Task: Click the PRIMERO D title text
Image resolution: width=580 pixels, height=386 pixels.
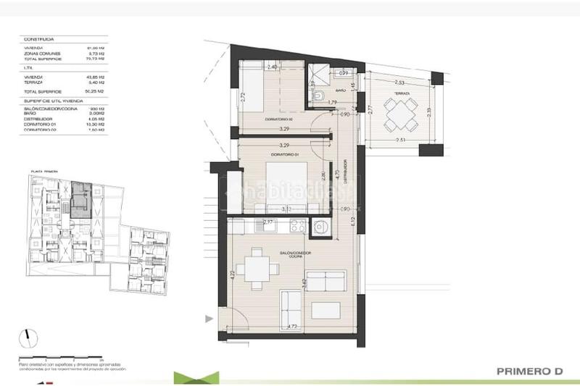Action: coord(530,372)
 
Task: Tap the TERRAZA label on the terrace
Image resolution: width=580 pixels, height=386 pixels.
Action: coord(402,94)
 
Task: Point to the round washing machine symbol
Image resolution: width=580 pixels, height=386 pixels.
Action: coord(320,229)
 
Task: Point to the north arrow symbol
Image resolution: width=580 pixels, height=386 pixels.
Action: coord(28,338)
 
